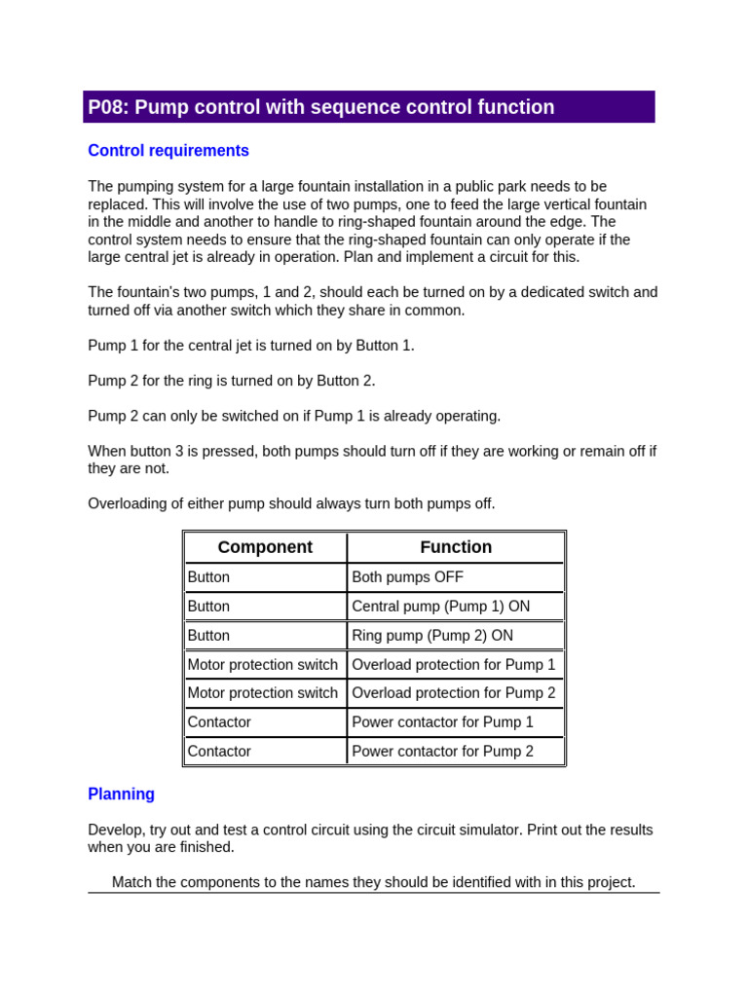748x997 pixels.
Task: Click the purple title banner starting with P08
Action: point(368,107)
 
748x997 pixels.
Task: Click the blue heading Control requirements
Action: point(168,151)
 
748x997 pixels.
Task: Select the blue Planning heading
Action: point(121,794)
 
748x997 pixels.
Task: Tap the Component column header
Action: point(265,547)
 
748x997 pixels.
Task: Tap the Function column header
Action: point(455,547)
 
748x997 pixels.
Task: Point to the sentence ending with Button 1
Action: point(251,346)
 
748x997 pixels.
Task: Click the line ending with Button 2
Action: point(231,381)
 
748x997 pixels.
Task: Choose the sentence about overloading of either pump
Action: point(291,503)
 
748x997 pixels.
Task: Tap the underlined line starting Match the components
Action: point(373,882)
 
